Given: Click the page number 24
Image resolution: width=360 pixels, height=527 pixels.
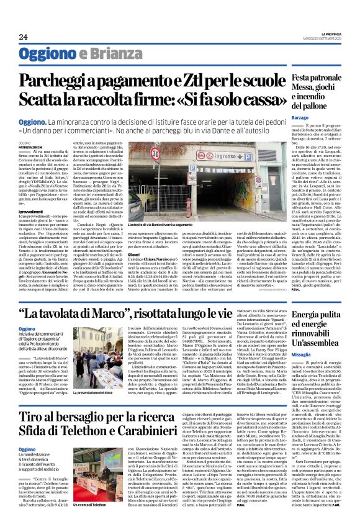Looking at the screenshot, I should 23,37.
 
